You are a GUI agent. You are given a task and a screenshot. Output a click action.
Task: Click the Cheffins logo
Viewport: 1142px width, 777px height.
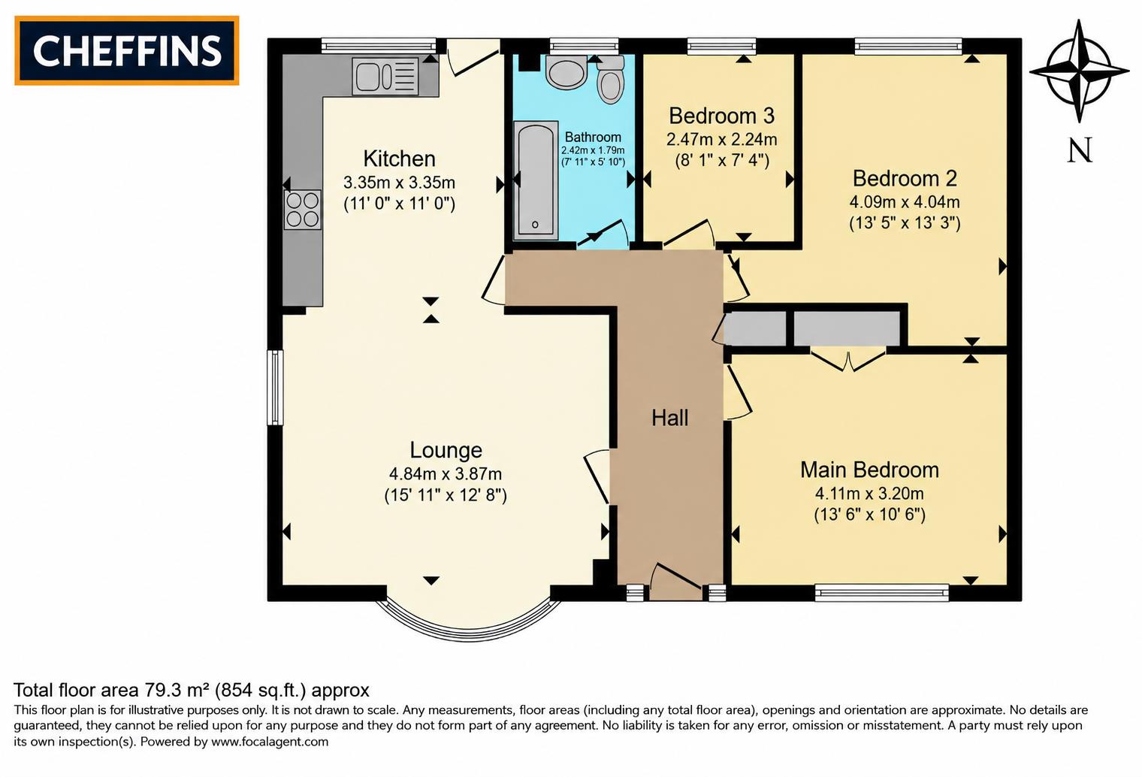(127, 50)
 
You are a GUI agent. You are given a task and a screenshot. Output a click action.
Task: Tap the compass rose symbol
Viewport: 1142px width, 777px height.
(1079, 71)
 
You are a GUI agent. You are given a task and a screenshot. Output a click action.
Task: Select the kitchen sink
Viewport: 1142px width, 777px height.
(385, 76)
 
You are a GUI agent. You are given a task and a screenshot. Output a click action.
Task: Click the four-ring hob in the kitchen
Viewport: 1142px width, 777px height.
(303, 210)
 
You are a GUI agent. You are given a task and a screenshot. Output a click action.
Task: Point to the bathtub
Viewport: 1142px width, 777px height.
(535, 180)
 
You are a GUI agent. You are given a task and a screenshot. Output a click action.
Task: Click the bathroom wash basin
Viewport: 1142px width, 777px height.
(566, 72)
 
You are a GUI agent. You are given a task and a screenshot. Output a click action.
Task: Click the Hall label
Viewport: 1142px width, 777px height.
(670, 418)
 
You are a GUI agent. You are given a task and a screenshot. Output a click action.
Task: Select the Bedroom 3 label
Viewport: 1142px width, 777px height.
(721, 116)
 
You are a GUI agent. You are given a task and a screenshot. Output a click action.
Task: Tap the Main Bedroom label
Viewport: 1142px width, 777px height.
(869, 470)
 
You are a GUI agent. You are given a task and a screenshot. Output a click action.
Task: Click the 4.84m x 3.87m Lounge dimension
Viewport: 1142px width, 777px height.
(446, 474)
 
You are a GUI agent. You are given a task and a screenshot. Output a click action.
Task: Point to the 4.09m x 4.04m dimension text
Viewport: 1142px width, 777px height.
(905, 202)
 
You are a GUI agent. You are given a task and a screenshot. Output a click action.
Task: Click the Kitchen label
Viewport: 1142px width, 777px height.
(399, 159)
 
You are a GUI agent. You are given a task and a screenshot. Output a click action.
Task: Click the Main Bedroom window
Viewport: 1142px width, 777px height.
(881, 592)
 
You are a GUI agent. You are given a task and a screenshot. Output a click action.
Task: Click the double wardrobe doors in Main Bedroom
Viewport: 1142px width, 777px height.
(847, 359)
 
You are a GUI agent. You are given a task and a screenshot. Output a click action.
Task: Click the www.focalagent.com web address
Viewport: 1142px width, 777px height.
(270, 742)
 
